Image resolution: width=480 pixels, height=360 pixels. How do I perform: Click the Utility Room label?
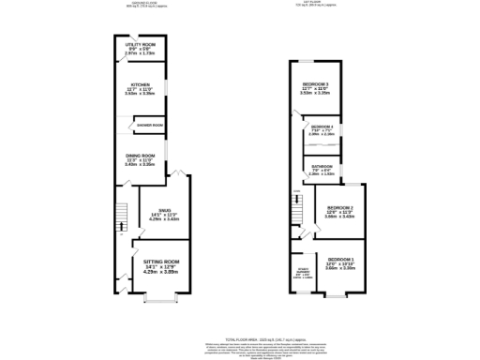[x=142, y=46]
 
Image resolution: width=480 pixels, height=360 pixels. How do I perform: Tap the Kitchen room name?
[x=142, y=83]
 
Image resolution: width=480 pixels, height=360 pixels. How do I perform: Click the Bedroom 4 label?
[x=322, y=127]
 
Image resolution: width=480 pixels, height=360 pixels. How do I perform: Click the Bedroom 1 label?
[x=339, y=257]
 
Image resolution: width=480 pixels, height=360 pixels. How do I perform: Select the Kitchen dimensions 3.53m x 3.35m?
[x=142, y=94]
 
